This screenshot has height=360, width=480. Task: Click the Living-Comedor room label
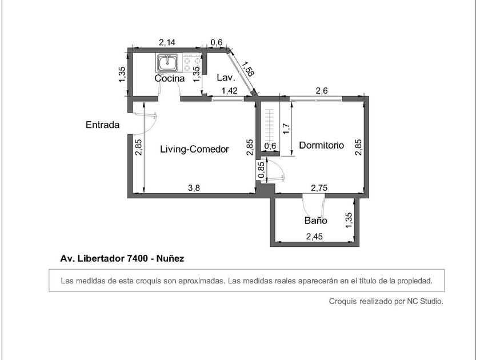pos(194,149)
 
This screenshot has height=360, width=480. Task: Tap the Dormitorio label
pos(321,145)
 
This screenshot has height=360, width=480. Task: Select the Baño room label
pos(315,221)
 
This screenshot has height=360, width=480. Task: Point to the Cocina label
pos(170,78)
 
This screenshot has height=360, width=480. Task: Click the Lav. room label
pos(226,78)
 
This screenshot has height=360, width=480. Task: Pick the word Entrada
pos(102,125)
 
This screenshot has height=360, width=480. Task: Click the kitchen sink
pos(167,62)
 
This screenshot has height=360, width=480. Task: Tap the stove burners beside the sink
pos(191,62)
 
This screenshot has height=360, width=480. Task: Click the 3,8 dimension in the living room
pos(194,187)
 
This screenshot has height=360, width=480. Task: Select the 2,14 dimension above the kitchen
pos(167,42)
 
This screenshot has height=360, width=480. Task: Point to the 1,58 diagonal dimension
pos(248,69)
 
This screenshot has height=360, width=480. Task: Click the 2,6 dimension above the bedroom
pos(322,91)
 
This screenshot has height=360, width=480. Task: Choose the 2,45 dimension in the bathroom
pos(314,237)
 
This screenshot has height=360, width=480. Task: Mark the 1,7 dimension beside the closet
pos(286,129)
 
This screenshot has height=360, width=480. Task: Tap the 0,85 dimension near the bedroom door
pos(261,170)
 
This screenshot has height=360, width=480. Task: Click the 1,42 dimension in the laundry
pos(229,91)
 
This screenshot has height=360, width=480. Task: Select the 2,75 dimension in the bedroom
pos(319,188)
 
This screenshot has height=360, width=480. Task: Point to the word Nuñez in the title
pos(170,259)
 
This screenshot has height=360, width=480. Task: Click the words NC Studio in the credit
pos(425,301)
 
